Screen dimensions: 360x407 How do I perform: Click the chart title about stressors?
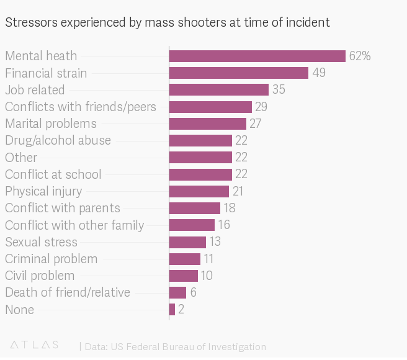tap(168, 22)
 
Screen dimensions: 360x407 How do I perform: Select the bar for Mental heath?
tap(257, 56)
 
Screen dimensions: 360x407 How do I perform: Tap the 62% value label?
tap(360, 56)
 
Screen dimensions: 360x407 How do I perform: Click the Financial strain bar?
tap(238, 73)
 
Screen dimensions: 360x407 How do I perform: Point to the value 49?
tap(319, 73)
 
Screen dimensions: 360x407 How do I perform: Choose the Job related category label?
tap(35, 90)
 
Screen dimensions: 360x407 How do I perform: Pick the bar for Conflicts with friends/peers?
tap(210, 107)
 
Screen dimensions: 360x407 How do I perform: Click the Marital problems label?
tap(51, 124)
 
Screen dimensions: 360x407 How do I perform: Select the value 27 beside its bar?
tap(256, 124)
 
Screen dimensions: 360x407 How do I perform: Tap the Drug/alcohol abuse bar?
tap(200, 140)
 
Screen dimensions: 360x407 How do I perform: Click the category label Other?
tap(21, 157)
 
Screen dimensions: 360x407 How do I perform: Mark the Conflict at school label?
tap(53, 174)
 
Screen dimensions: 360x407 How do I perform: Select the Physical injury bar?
tap(199, 191)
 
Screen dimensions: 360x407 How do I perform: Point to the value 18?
tap(230, 208)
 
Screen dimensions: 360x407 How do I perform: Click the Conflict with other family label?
tap(74, 225)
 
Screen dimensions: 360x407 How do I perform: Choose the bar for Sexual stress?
tap(187, 241)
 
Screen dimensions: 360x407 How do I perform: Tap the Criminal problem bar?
tap(184, 259)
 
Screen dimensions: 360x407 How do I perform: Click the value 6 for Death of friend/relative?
tap(194, 292)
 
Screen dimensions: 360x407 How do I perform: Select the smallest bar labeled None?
tap(172, 309)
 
